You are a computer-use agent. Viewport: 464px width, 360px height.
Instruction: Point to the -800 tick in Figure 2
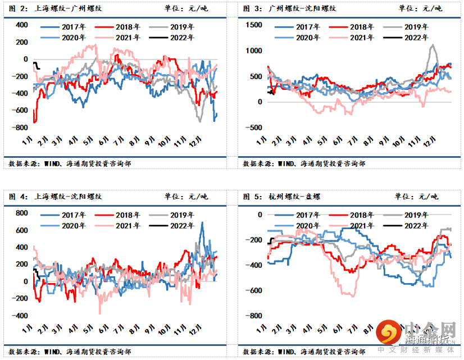[21, 127]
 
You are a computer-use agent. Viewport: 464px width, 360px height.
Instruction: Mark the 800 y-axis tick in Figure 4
[21, 213]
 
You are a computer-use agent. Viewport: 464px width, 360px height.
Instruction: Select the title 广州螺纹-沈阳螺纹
[287, 8]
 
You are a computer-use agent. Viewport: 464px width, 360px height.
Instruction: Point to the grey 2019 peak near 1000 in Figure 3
[433, 46]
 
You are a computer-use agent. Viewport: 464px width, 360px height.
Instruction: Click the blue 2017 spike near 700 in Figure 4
[202, 224]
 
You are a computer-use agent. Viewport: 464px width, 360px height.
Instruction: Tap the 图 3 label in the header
[251, 8]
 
